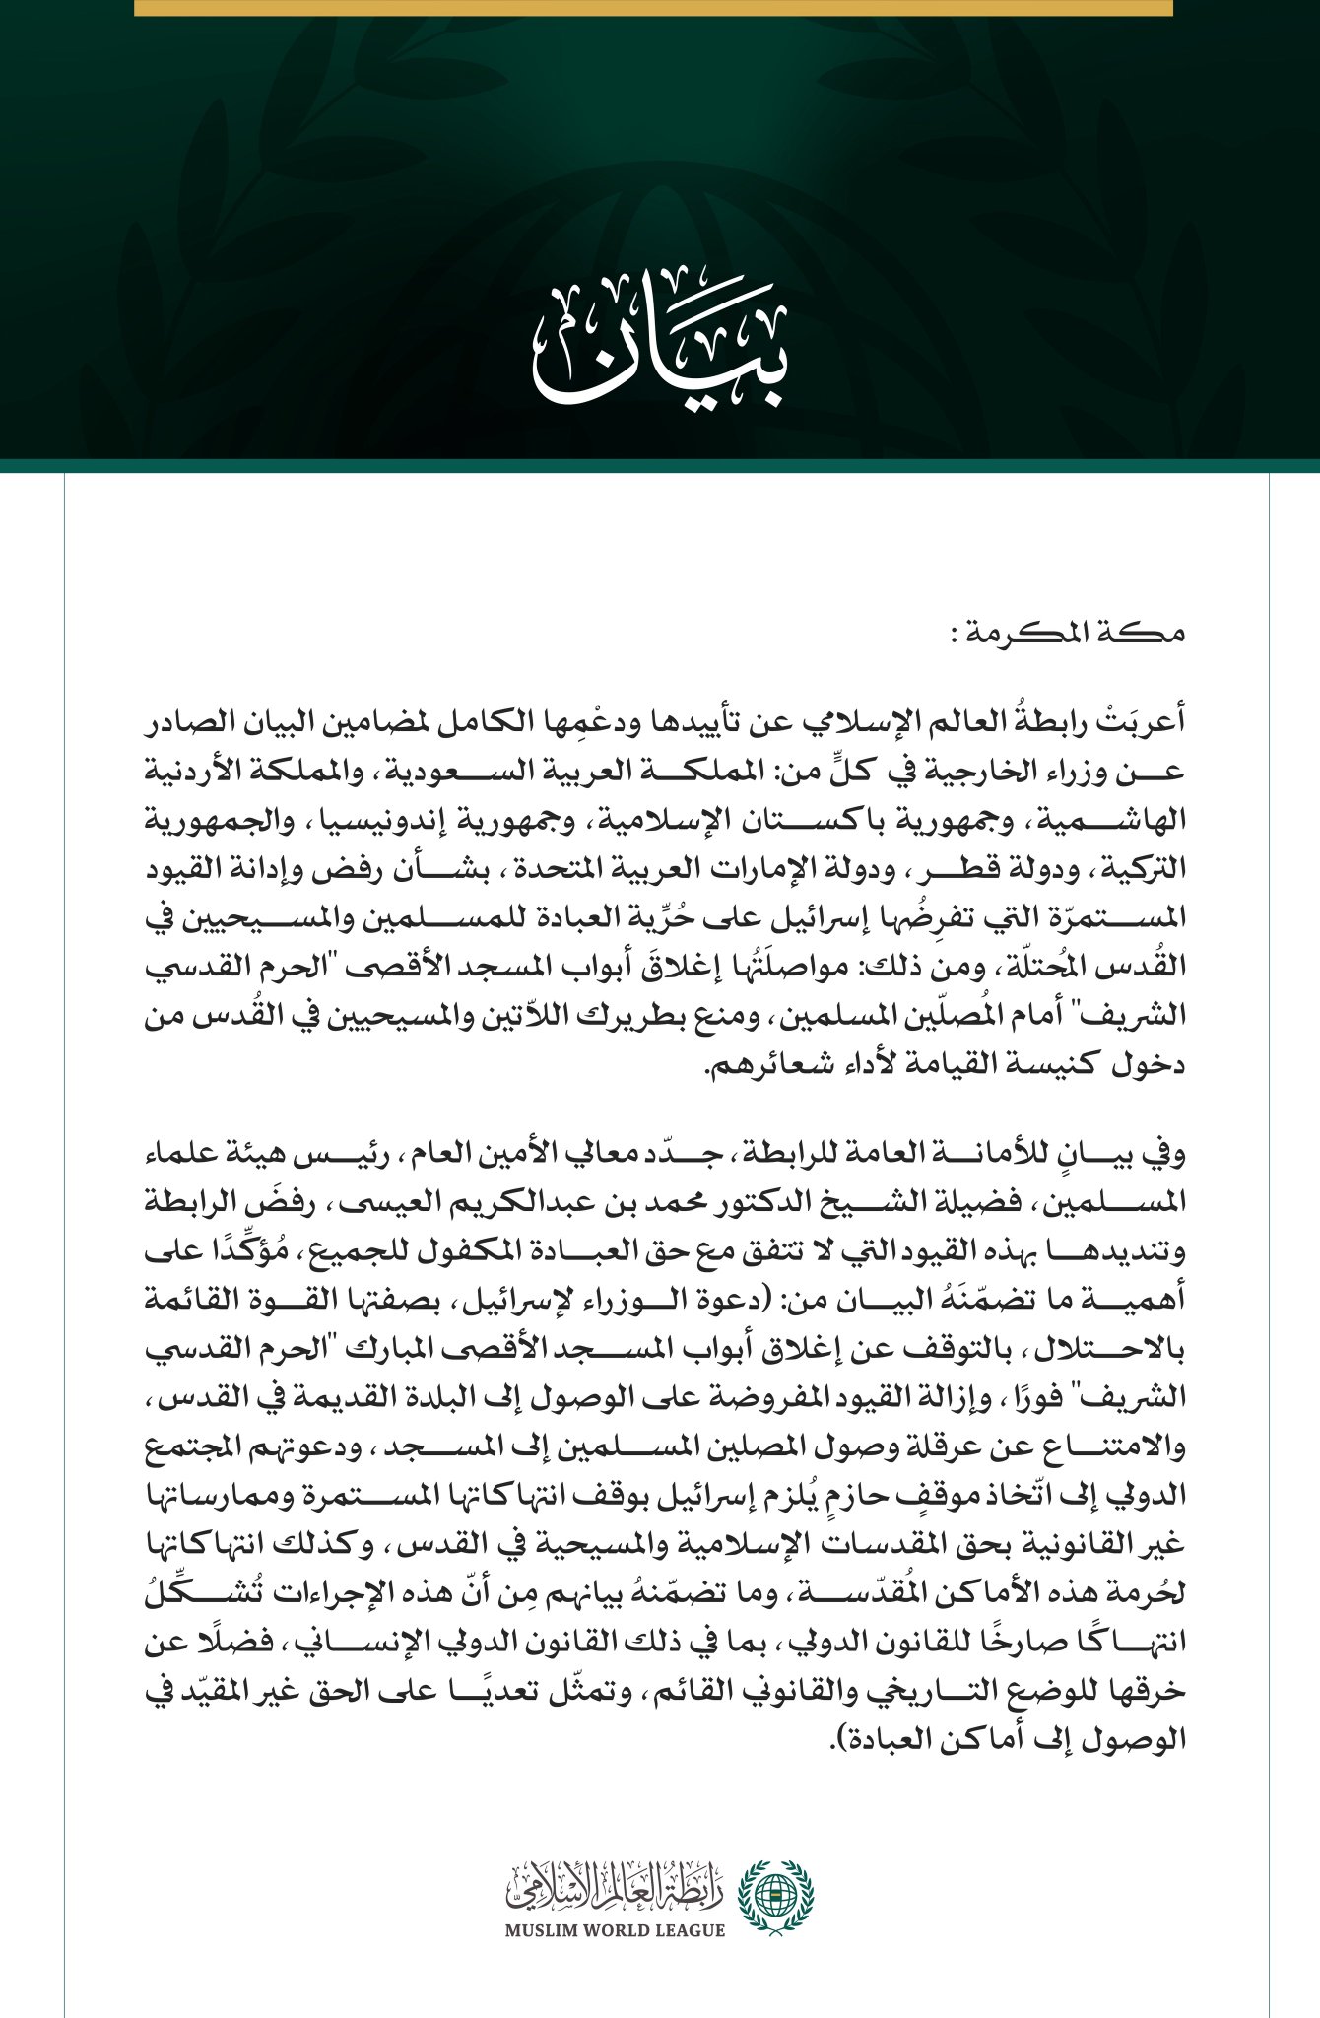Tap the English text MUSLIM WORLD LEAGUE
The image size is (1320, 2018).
click(615, 1930)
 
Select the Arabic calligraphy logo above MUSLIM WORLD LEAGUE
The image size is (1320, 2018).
click(615, 1883)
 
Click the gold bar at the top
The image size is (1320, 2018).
click(653, 7)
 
